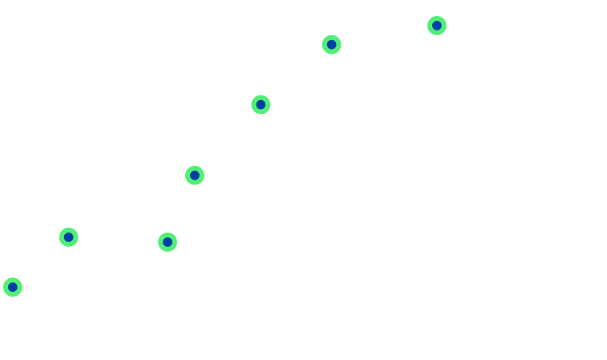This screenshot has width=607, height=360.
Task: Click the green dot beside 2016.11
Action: pos(437,26)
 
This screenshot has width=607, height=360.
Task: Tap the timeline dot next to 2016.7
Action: pos(261,105)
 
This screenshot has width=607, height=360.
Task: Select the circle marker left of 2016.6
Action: pos(195,175)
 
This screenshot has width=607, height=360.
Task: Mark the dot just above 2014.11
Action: pos(12,287)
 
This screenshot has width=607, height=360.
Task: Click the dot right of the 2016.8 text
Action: pos(331,44)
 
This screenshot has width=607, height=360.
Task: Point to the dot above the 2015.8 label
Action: pos(167,241)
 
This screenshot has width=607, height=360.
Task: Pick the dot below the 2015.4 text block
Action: pos(69,237)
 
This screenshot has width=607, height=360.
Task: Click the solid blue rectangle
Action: pos(47,84)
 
